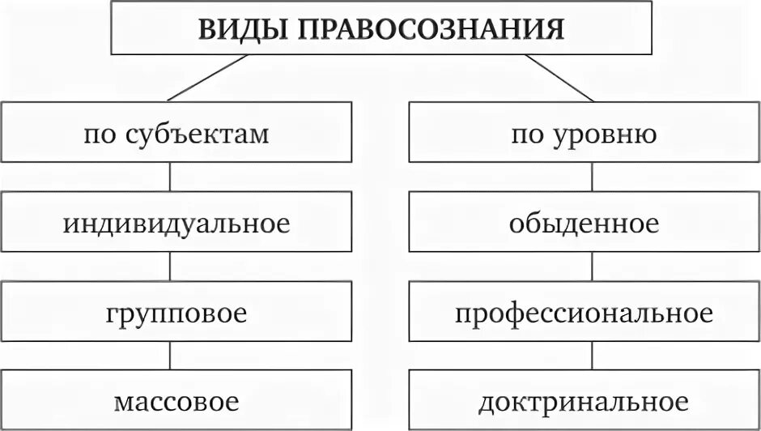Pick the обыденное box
coord(584,223)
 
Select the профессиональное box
coord(584,312)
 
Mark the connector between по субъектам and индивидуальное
coord(169,177)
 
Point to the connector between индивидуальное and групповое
coord(169,267)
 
